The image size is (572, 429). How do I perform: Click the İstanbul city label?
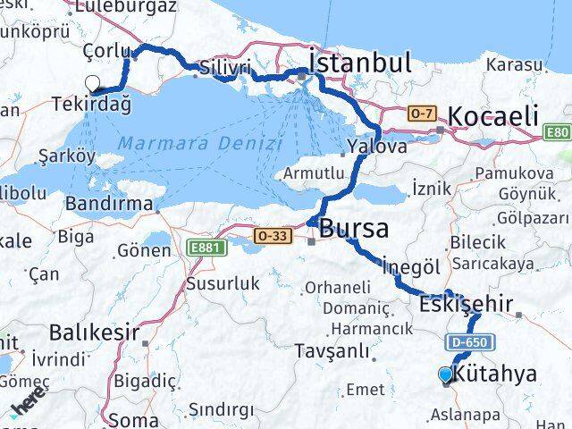tap(359, 63)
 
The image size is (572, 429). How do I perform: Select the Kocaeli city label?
tap(492, 115)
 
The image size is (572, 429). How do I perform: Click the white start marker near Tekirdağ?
tap(93, 83)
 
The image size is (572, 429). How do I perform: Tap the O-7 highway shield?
tap(420, 114)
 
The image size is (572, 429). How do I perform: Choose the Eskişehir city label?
tap(466, 304)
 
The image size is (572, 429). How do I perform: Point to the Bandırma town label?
tap(109, 203)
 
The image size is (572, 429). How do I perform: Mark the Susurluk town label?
tap(223, 283)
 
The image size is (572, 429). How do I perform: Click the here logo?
tap(29, 408)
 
